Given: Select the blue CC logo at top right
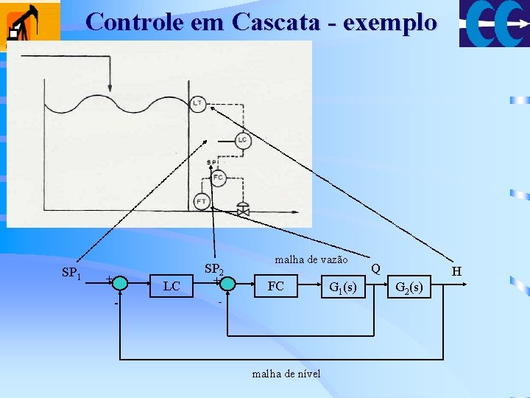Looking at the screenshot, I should [x=494, y=24].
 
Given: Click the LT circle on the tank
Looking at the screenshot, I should [x=198, y=104].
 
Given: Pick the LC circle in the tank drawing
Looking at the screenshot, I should [x=243, y=140].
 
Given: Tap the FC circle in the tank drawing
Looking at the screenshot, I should [x=218, y=178].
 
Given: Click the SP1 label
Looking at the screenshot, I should [x=71, y=273].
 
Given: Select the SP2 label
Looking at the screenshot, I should [x=213, y=270].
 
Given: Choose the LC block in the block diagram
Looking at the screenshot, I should [x=172, y=286].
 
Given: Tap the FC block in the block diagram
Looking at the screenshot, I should [x=276, y=286].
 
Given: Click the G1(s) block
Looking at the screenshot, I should [x=343, y=287].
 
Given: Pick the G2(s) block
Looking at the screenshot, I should [x=409, y=287].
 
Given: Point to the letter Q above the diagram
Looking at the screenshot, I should [x=376, y=267].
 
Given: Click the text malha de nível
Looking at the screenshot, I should [x=286, y=374].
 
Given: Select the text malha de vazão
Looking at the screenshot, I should [x=311, y=259].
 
